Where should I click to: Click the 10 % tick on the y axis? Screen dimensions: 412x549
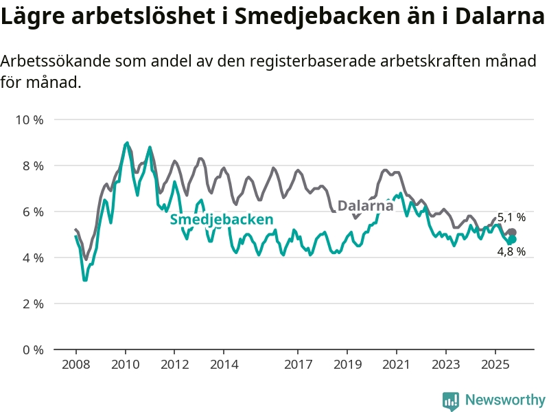point(29,119)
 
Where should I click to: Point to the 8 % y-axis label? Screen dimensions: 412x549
point(32,165)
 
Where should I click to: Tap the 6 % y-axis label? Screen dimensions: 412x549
point(32,211)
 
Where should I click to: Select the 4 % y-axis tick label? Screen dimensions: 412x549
point(32,257)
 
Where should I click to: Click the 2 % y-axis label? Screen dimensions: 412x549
point(32,304)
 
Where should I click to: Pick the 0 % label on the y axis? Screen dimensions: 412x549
point(32,350)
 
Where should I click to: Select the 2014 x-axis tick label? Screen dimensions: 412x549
point(224,364)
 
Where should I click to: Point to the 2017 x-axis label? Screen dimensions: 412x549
point(298,364)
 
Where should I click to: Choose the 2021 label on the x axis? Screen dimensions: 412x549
point(397,364)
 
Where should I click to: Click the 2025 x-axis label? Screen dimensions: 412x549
point(495,364)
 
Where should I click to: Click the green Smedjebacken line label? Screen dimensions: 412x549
point(222,220)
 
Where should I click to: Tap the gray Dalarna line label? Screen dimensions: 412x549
point(366,205)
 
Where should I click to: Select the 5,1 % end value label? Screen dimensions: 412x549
point(511,218)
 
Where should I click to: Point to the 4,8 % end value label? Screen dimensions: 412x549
point(511,251)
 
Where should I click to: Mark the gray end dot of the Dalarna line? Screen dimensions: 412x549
point(512,233)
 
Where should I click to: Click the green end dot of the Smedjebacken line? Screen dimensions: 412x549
point(512,240)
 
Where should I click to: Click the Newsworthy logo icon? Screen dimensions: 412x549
point(450,400)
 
